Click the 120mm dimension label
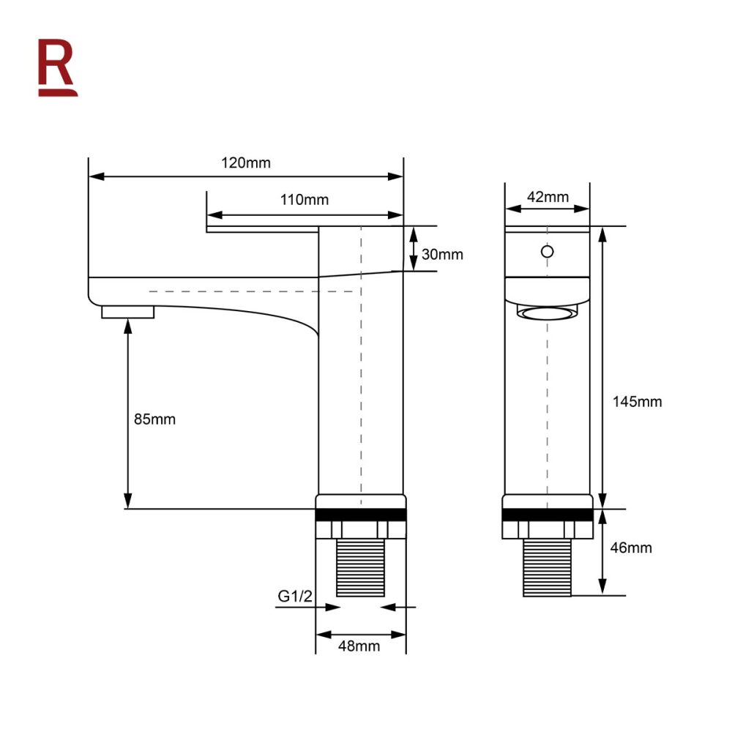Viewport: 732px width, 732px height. [246, 163]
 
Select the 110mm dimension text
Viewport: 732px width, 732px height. [305, 199]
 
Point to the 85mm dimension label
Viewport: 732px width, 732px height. [154, 419]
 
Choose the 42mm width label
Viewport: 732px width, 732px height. [548, 196]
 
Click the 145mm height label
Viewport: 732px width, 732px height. [637, 401]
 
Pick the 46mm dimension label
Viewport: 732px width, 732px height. [630, 548]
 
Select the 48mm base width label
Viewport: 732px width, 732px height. [359, 646]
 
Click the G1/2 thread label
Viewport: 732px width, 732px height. [295, 597]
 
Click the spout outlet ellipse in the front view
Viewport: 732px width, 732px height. [547, 314]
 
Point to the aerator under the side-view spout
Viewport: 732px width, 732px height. [128, 313]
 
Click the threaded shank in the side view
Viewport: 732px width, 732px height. [360, 568]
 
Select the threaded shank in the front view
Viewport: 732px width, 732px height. [547, 568]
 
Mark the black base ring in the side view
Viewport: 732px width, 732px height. [360, 515]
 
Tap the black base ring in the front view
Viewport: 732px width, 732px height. [547, 515]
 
